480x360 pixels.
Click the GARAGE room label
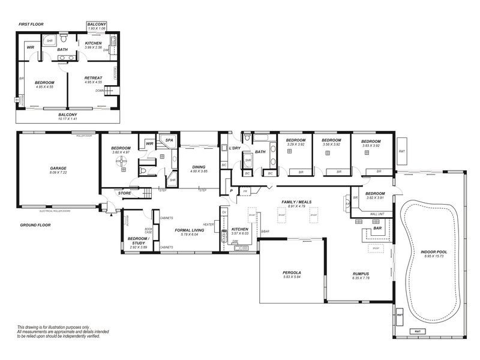(x=58, y=168)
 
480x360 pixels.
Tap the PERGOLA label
(x=292, y=272)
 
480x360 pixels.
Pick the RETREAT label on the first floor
(x=93, y=77)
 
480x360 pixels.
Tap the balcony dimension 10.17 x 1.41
(x=67, y=119)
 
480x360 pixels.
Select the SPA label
(x=169, y=140)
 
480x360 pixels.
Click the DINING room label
(x=199, y=167)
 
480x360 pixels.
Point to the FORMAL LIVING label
(x=190, y=230)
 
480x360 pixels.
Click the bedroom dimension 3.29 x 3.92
(x=296, y=145)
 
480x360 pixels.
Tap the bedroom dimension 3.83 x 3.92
(x=368, y=145)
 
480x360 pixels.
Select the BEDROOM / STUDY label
(x=139, y=241)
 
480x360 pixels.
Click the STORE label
(x=124, y=193)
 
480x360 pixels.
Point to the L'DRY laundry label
(x=235, y=148)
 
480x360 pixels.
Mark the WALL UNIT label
(x=377, y=214)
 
